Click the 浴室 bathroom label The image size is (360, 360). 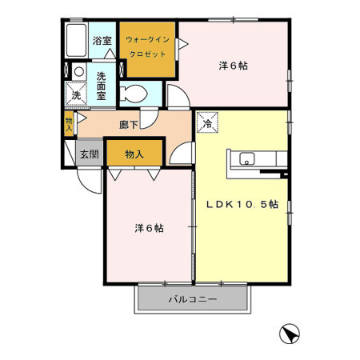click(x=101, y=39)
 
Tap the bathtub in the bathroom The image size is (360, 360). click(x=76, y=41)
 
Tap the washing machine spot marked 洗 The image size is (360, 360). click(x=76, y=93)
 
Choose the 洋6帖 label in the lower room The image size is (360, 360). click(x=148, y=229)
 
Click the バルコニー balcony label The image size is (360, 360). click(x=191, y=301)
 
